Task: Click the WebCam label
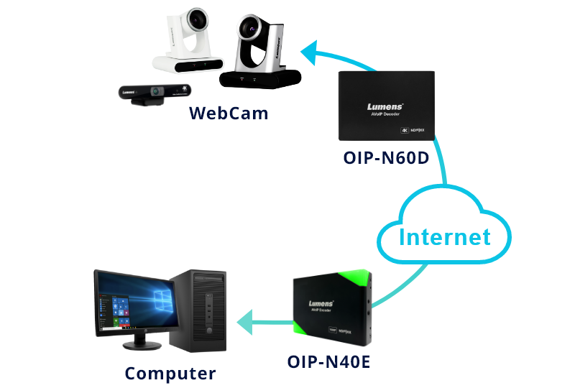229,113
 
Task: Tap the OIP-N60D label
386,157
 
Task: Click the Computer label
170,374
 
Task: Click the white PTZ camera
188,43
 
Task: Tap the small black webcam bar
152,93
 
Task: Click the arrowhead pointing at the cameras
311,52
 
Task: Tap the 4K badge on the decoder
405,131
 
